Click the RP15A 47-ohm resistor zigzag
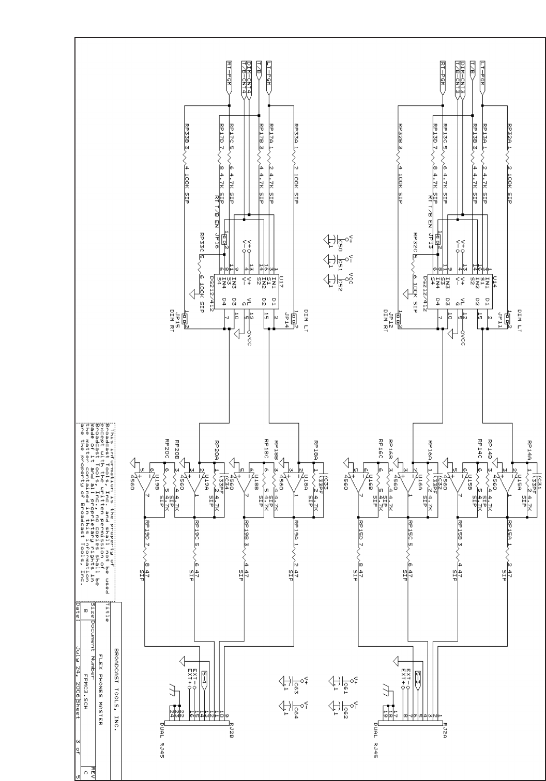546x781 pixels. pos(507,558)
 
